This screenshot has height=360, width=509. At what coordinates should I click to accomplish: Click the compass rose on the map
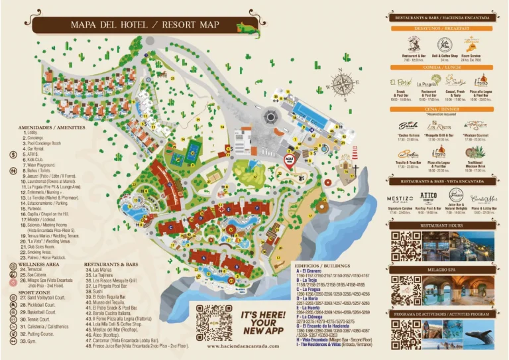click(343, 84)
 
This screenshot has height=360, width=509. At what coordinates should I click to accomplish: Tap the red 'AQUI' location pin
click(288, 160)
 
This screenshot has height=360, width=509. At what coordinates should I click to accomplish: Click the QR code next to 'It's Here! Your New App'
click(214, 322)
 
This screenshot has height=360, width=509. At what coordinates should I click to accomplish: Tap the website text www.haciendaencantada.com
click(243, 346)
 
